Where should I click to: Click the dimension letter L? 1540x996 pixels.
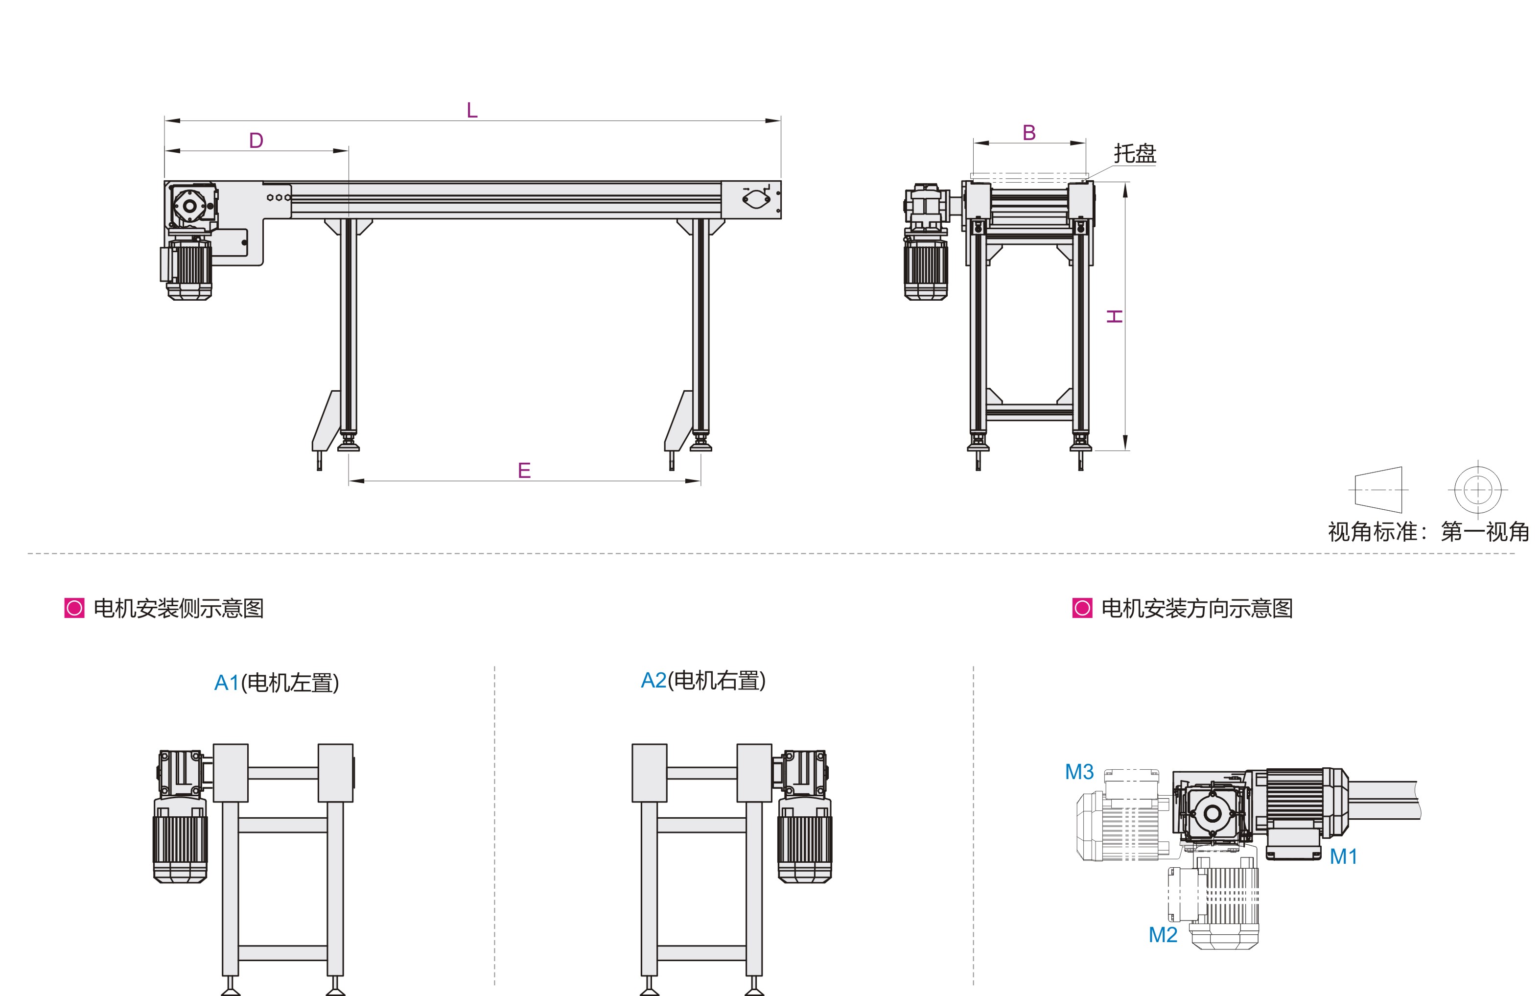point(472,110)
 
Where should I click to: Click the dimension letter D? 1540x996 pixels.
point(256,141)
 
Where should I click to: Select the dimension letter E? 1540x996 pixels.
point(524,470)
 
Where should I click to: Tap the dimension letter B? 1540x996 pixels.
point(1029,133)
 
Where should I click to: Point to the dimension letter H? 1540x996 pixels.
point(1114,316)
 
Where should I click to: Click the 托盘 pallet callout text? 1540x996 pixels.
point(1135,153)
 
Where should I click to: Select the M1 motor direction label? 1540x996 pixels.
point(1343,856)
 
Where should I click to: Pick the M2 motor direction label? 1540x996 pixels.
point(1163,935)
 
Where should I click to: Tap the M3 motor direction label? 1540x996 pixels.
point(1080,772)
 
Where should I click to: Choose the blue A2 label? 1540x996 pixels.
point(653,680)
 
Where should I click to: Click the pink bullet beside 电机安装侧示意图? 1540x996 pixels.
point(74,609)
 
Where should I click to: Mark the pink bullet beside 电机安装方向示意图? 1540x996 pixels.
point(1082,609)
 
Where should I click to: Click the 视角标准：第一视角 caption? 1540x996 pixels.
point(1429,532)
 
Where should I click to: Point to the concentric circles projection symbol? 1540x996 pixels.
point(1478,490)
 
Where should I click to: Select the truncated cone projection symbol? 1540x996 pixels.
point(1378,490)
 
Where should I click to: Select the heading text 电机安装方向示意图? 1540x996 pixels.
point(1197,609)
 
